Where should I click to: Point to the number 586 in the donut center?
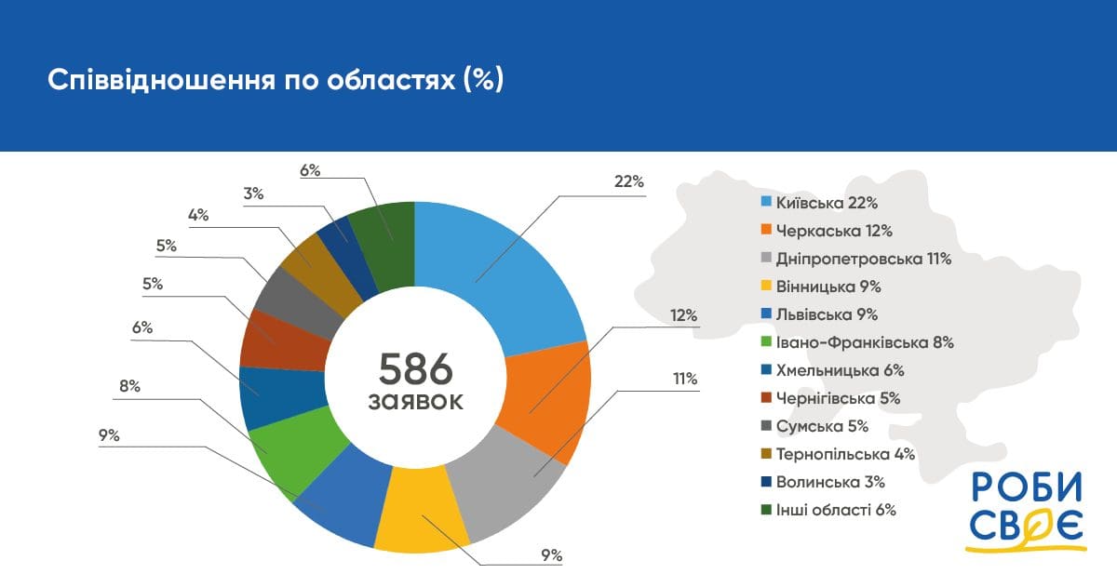coord(415,369)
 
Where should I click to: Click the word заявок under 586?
coord(415,402)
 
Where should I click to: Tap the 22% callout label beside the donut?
coord(629,181)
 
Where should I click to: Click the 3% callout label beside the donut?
coord(253,193)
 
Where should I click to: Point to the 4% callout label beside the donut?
coord(198,215)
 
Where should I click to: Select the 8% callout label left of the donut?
coord(129,386)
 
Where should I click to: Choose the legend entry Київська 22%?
coord(819,203)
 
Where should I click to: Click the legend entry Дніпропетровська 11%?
coord(856,259)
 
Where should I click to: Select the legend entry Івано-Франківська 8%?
coord(857,342)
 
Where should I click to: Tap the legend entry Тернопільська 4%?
coord(838,454)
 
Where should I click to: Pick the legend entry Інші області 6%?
coord(828,510)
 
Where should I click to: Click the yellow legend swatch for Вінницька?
coord(766,286)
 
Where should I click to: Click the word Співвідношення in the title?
coord(162,80)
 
